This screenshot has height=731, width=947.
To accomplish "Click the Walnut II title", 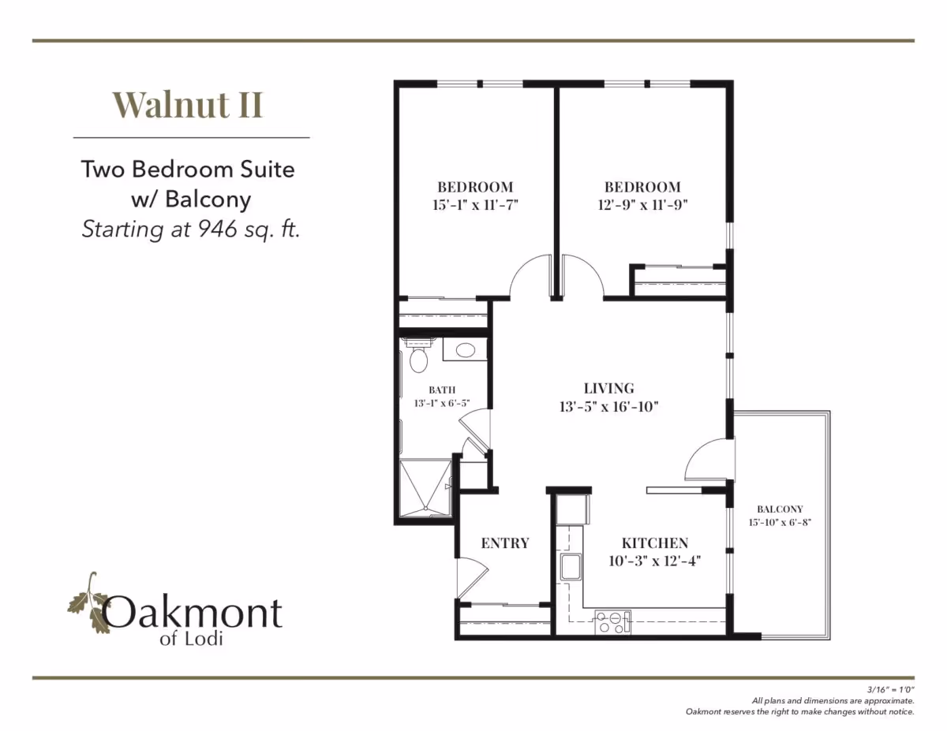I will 188,105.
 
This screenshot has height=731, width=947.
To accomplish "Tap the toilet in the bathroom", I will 418,359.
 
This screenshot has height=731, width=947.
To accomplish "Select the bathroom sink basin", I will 465,350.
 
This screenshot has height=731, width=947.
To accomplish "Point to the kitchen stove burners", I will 612,622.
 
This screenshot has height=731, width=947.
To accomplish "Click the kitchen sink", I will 571,567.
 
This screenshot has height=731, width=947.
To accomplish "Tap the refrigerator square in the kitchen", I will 571,509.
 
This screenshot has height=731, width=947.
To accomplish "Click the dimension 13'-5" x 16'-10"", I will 609,407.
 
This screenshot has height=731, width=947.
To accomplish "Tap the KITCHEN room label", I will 654,543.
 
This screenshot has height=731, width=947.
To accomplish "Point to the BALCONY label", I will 780,509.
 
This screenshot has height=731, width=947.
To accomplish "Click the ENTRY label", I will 505,543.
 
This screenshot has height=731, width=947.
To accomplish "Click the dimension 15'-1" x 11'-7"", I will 475,204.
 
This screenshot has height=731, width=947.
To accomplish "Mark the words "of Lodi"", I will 191,639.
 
